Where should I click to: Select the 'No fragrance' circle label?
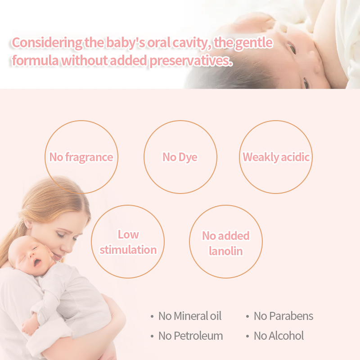click(x=81, y=157)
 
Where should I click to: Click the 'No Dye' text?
click(x=180, y=157)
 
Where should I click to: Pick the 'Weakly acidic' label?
click(x=276, y=157)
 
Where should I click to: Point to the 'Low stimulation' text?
click(x=128, y=242)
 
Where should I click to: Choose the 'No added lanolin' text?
click(x=225, y=243)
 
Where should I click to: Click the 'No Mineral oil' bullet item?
click(x=190, y=316)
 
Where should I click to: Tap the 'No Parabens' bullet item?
click(x=283, y=316)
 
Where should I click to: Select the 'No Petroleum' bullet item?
click(x=190, y=336)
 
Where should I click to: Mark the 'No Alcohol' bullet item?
click(x=279, y=336)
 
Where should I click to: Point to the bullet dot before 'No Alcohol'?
click(x=247, y=336)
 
